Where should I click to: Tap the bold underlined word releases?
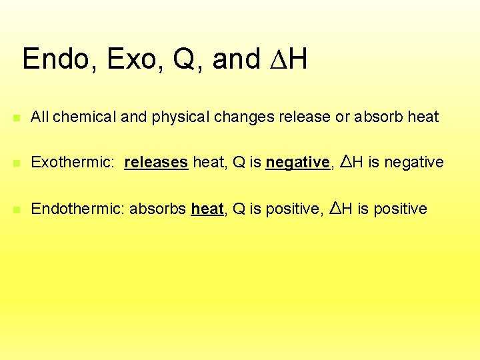coord(156,162)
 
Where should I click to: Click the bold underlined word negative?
coord(297,162)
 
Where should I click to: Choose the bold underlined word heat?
coord(207,209)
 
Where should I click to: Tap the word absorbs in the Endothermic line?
coord(157,209)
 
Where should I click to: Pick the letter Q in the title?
coord(183,59)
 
